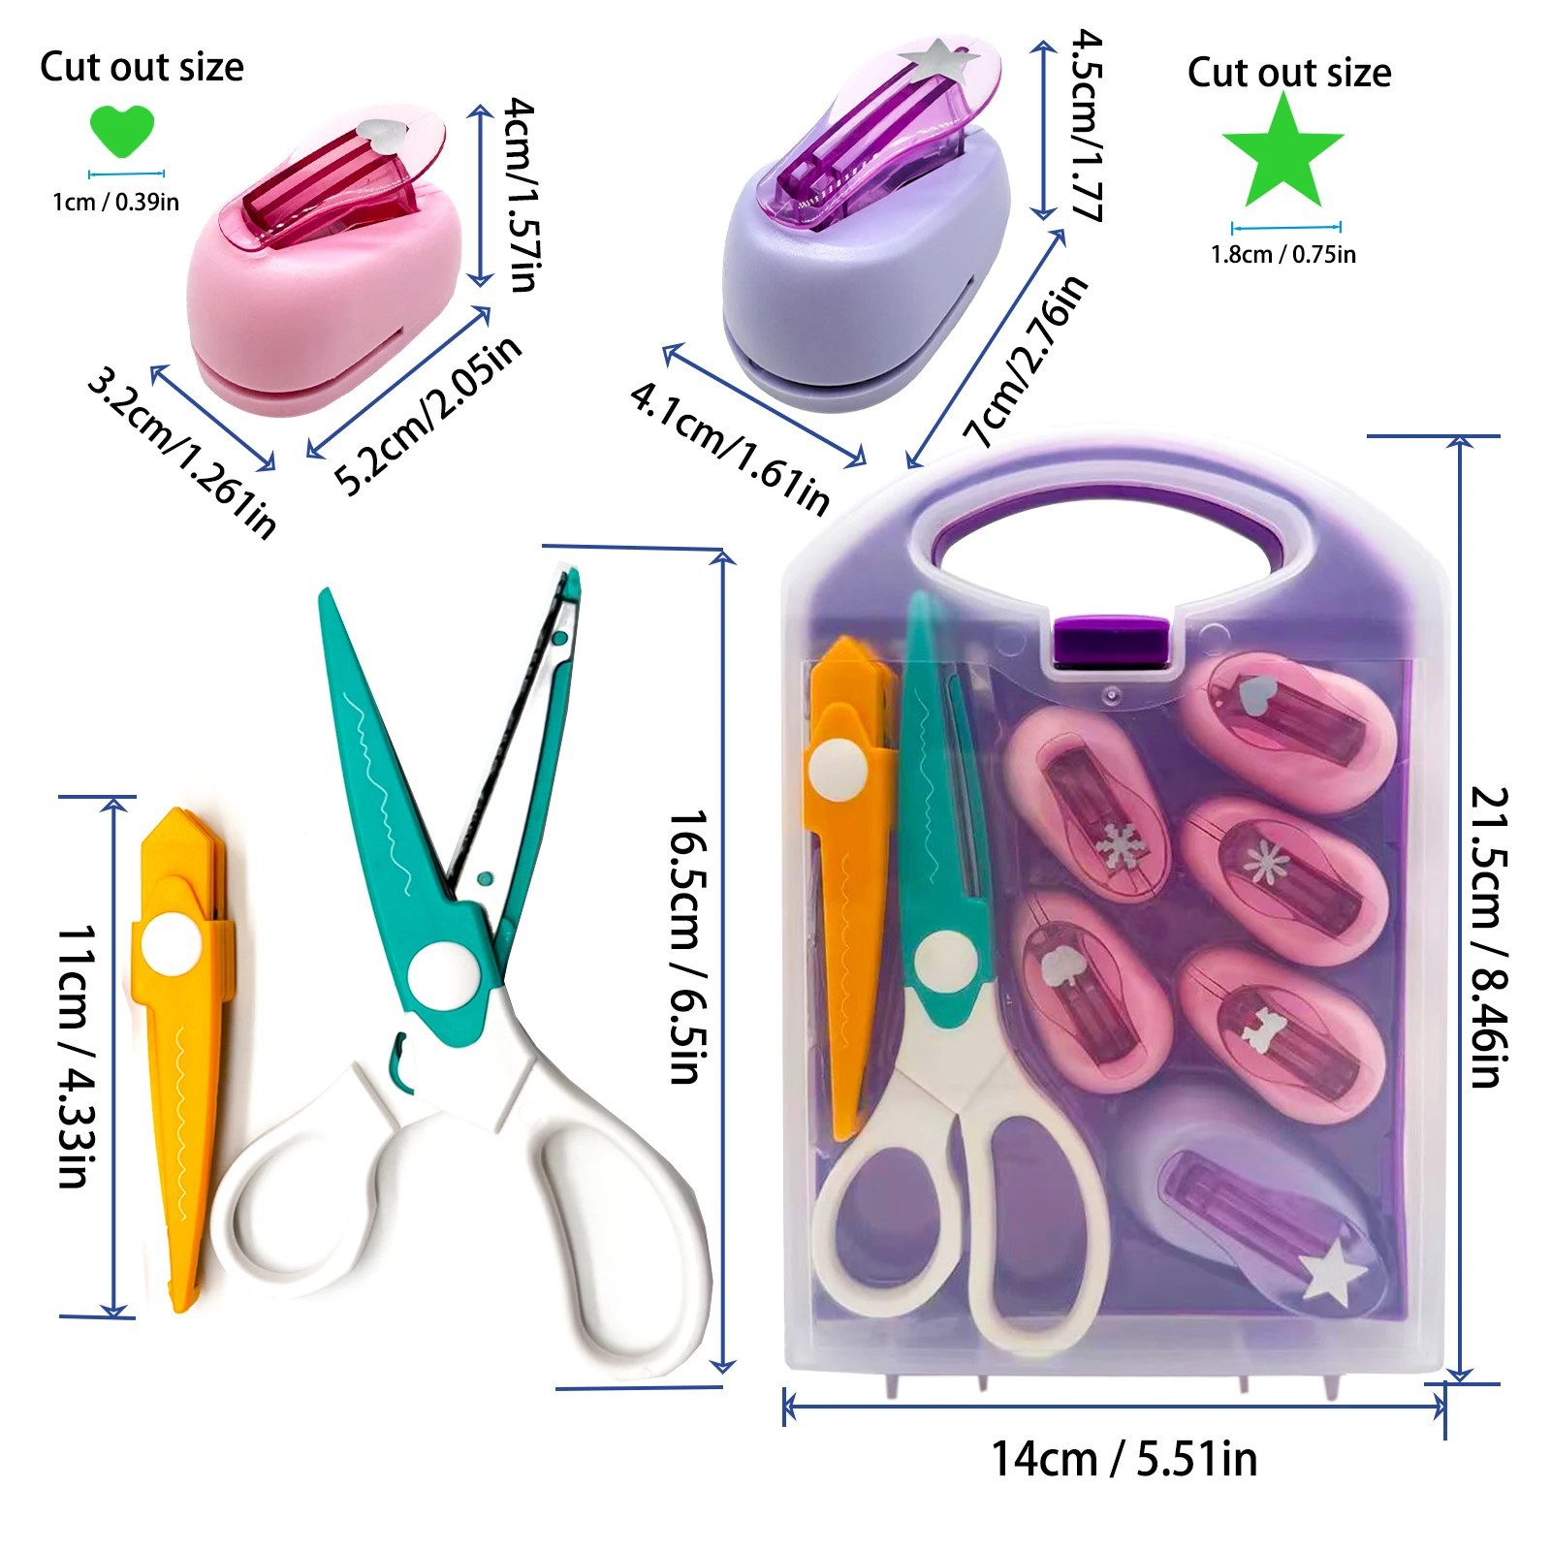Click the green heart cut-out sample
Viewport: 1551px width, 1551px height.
click(x=121, y=131)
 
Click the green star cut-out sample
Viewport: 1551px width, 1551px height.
click(x=1282, y=153)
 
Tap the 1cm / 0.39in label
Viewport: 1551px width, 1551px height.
click(x=115, y=202)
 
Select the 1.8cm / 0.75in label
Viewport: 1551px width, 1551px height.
click(x=1283, y=255)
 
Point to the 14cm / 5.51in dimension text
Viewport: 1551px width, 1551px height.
click(x=1124, y=1459)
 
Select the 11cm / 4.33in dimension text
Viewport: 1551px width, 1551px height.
click(x=76, y=1057)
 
